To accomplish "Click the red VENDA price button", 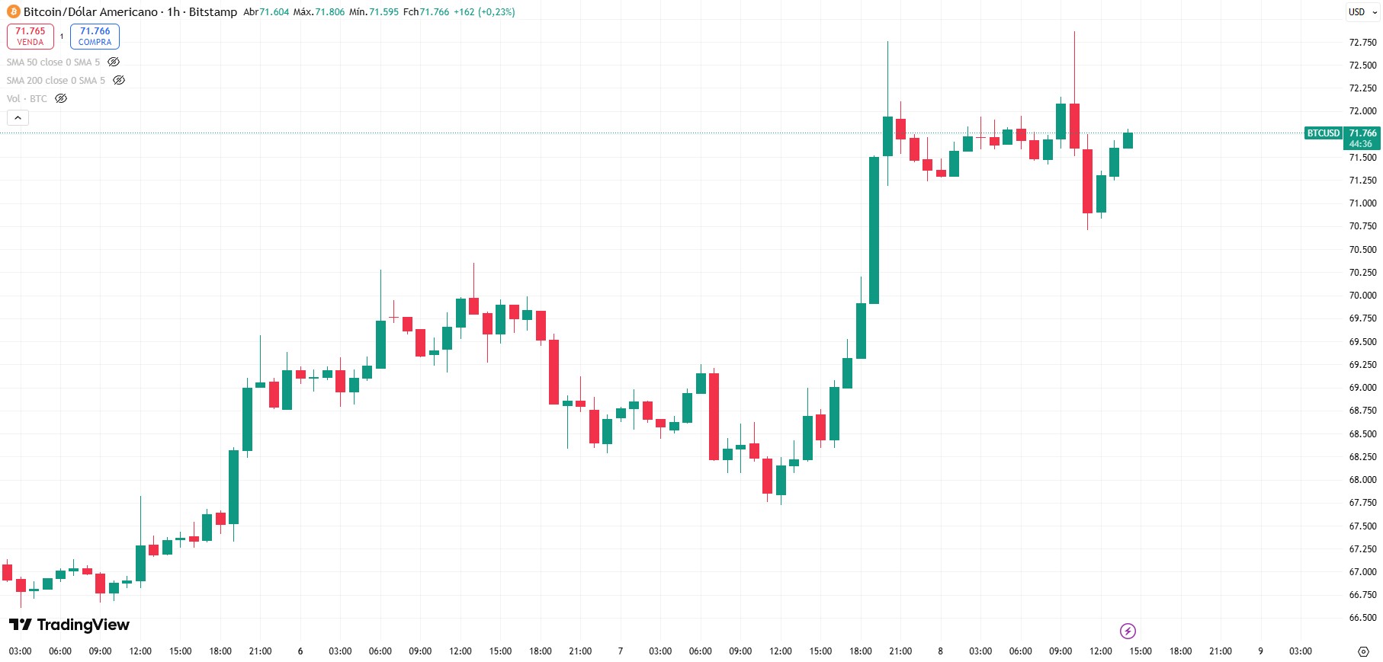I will [30, 36].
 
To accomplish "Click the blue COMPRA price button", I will [95, 36].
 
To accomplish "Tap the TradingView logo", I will [69, 625].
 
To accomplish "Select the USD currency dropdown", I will [1362, 11].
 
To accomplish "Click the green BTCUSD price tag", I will [1323, 133].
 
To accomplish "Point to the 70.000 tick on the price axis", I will [1362, 296].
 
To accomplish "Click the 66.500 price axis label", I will [1362, 618].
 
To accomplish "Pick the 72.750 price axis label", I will [1362, 43].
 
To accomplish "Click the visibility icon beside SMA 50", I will [114, 62].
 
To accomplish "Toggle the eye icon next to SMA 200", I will [119, 80].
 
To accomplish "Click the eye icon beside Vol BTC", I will [61, 98].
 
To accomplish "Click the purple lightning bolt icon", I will [1128, 631].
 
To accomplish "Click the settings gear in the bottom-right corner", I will [1363, 651].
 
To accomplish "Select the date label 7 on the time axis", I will [621, 651].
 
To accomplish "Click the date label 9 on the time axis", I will [1260, 651].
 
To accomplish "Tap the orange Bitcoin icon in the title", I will [14, 11].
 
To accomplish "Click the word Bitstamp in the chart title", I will [213, 11].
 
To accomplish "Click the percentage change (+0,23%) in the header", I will [496, 11].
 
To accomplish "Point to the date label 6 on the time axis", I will [300, 651].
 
